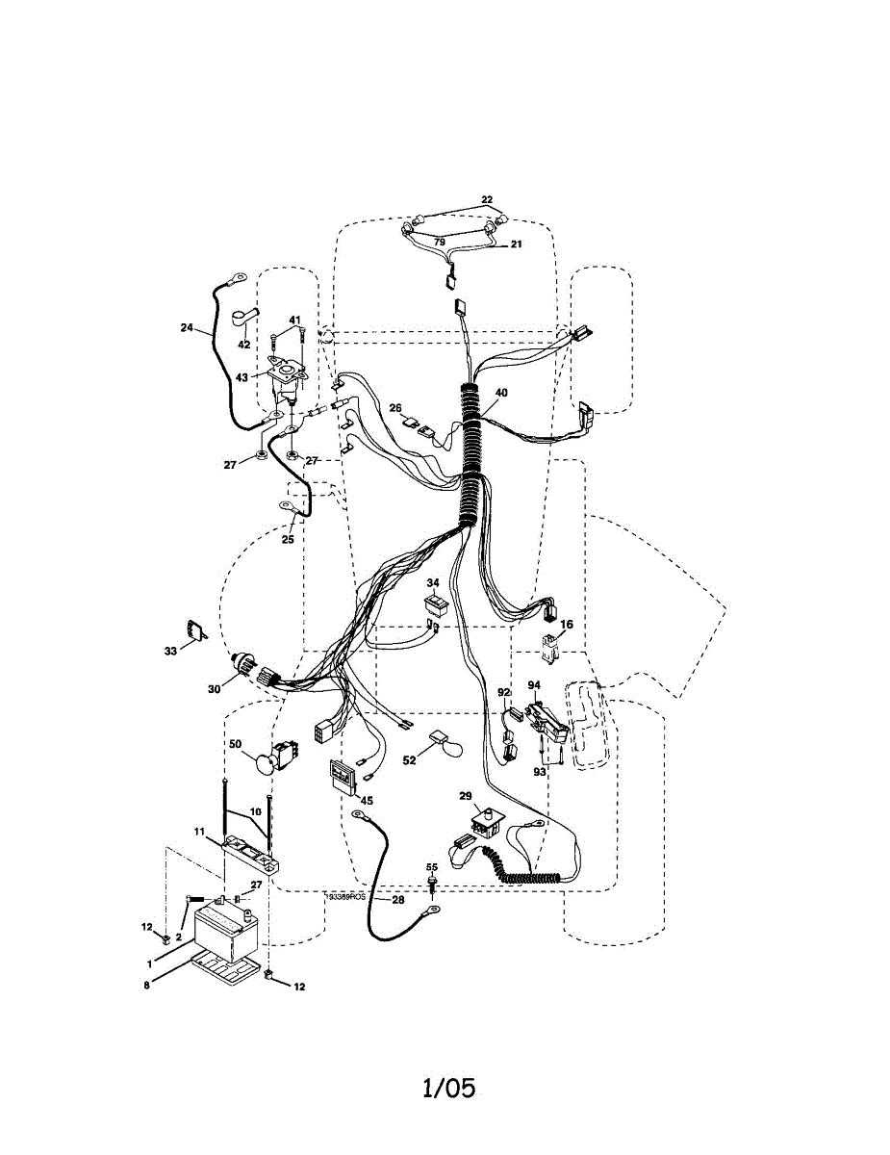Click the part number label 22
pyautogui.click(x=488, y=199)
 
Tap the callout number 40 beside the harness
pyautogui.click(x=500, y=393)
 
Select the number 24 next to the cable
pyautogui.click(x=187, y=327)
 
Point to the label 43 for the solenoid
pyautogui.click(x=241, y=377)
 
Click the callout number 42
pyautogui.click(x=243, y=344)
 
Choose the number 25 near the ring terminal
pyautogui.click(x=288, y=540)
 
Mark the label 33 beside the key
pyautogui.click(x=170, y=651)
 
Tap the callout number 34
pyautogui.click(x=433, y=583)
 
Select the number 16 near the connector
pyautogui.click(x=567, y=625)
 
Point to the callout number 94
pyautogui.click(x=534, y=685)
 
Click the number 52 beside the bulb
pyautogui.click(x=410, y=760)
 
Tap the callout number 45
pyautogui.click(x=367, y=800)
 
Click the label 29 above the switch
pyautogui.click(x=466, y=795)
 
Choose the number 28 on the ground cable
pyautogui.click(x=397, y=900)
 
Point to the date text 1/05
pyautogui.click(x=448, y=1089)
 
